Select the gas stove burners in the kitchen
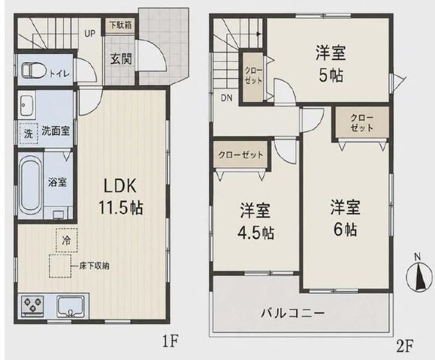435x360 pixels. coord(33,305)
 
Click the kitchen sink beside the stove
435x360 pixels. coord(71,307)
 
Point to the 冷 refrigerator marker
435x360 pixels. coord(66,240)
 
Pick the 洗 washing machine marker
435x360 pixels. coord(28,133)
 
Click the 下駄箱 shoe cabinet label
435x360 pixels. coord(121,25)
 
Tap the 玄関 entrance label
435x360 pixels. coord(121,58)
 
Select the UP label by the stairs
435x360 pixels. coord(90,34)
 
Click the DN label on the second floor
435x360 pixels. coord(227,97)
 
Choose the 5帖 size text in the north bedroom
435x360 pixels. coord(331,75)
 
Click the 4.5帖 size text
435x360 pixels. coord(255,232)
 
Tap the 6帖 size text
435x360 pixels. coord(345,229)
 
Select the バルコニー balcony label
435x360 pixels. coord(292,313)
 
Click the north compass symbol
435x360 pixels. coord(419,274)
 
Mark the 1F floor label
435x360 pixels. coord(170,341)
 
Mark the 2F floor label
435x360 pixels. coord(405,346)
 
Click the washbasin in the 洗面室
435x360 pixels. coord(26,105)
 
